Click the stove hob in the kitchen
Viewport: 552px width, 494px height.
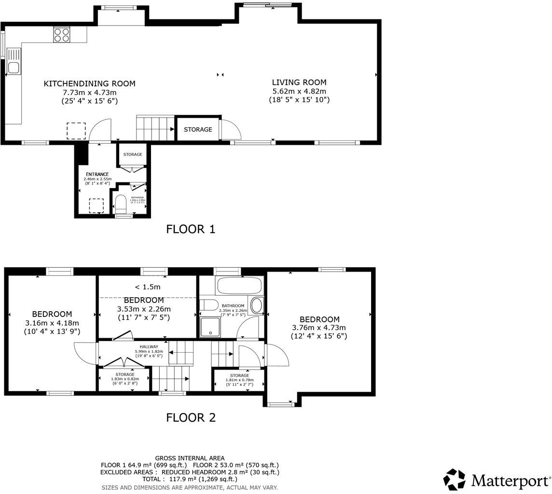[x=62, y=34]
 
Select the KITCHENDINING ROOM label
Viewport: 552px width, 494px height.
[x=89, y=83]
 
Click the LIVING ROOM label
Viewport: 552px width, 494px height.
[x=299, y=82]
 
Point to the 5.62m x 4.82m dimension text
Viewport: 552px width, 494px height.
[x=299, y=91]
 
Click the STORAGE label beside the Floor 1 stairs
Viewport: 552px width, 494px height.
[x=198, y=129]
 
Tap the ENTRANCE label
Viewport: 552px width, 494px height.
[x=97, y=174]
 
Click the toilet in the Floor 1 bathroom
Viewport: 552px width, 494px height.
[x=120, y=205]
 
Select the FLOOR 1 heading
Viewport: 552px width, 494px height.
[x=191, y=229]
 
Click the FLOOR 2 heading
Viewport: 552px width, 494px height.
[x=191, y=418]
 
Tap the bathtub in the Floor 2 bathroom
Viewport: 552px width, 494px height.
[x=239, y=285]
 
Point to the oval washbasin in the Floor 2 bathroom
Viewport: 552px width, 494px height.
[x=257, y=306]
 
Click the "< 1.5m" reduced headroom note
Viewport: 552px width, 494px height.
[x=147, y=287]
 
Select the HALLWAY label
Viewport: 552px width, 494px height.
[x=149, y=346]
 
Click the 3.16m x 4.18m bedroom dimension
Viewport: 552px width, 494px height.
[x=52, y=323]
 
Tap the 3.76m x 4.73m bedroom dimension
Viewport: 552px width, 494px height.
[x=319, y=328]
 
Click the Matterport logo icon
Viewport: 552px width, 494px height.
[x=454, y=480]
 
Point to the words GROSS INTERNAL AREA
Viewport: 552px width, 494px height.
[x=190, y=458]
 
